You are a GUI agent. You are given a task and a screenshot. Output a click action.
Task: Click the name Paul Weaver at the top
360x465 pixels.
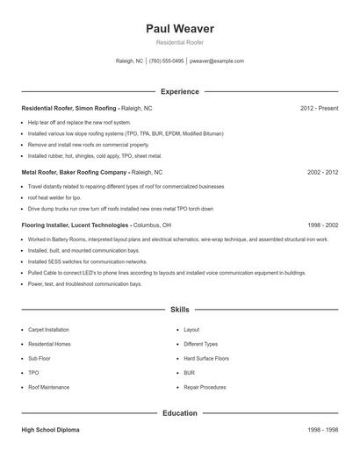180,29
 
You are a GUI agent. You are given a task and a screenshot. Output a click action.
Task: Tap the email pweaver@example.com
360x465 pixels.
216,61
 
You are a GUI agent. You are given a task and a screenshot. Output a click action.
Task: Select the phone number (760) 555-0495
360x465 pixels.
166,61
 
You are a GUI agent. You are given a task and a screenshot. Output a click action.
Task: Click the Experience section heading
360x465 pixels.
180,91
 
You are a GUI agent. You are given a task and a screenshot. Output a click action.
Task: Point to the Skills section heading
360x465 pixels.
180,310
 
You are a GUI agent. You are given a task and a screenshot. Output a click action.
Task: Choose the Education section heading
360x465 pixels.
180,412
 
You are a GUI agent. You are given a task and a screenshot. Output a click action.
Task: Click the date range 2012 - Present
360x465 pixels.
319,108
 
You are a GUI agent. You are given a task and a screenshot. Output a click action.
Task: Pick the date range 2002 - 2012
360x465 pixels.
322,172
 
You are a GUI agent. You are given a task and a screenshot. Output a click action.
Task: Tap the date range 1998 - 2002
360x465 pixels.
322,225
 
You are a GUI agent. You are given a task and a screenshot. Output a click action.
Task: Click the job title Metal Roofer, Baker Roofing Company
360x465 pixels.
74,172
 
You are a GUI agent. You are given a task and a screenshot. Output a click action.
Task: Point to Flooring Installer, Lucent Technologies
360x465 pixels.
76,225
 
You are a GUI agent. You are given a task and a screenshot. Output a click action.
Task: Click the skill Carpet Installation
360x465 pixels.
48,330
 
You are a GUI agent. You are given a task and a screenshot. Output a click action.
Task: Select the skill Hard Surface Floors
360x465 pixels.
206,358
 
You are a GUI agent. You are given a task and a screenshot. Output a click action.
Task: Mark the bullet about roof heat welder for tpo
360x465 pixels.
54,198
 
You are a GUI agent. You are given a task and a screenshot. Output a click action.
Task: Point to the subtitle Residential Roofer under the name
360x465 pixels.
180,43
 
